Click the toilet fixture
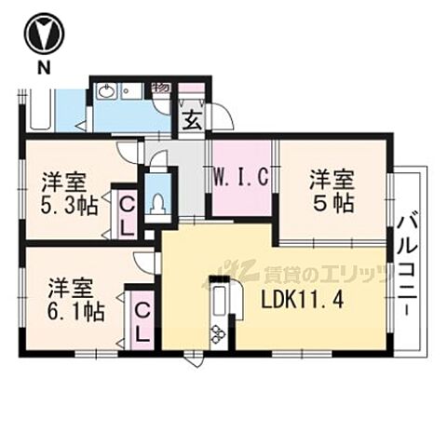coord(157,201)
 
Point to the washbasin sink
coord(105,91)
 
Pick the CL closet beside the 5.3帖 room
coord(126,211)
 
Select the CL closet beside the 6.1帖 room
coord(142,318)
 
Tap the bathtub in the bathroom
coord(41,109)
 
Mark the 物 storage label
coord(160,88)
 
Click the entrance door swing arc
coord(222,116)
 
